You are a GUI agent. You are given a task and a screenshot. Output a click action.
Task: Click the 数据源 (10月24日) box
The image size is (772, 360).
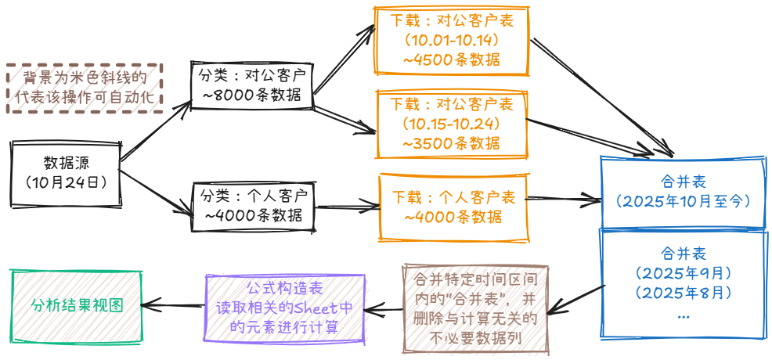[66, 173]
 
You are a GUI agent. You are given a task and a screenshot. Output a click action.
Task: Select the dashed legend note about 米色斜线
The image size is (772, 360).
[85, 88]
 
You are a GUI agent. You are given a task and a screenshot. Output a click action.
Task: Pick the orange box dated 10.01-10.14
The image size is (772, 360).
[452, 39]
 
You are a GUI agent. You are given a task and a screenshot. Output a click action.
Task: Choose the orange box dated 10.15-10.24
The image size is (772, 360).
[452, 124]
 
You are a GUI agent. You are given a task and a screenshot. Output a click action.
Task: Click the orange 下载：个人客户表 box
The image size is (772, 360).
[452, 207]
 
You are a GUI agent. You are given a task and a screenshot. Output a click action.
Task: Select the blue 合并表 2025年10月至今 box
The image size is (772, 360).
[683, 191]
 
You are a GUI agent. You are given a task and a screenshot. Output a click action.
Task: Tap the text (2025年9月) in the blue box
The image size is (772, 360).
[683, 273]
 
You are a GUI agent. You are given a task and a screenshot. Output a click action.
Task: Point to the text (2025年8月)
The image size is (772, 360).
[683, 293]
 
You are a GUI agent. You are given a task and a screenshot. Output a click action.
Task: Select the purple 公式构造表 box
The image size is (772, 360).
[284, 308]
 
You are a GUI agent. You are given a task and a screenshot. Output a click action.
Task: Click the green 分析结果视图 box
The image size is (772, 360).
[77, 306]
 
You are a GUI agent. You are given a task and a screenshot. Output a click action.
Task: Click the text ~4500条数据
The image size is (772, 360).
[452, 59]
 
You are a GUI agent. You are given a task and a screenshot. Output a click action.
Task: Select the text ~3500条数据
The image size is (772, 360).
[452, 143]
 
